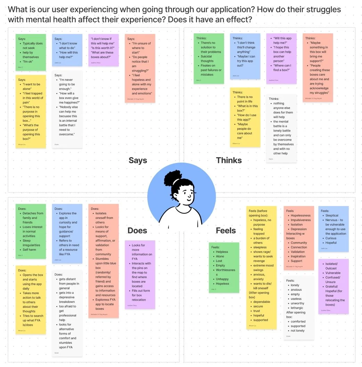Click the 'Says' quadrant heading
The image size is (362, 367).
coord(138,160)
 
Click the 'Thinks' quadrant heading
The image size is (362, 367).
coord(229,160)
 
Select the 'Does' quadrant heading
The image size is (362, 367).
coord(137,231)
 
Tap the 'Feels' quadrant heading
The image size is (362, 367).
coord(226,231)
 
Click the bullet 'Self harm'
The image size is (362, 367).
coord(30,249)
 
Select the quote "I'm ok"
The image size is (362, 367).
coord(28,61)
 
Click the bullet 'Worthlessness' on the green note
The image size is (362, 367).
coord(225,272)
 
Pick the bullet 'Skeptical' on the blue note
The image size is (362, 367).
coord(332,215)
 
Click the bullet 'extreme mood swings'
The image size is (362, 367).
coord(263,267)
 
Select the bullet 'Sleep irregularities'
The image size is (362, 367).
coord(31,242)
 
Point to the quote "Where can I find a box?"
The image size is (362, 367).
coord(282,68)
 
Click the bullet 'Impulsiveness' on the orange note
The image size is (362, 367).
coord(301,220)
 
